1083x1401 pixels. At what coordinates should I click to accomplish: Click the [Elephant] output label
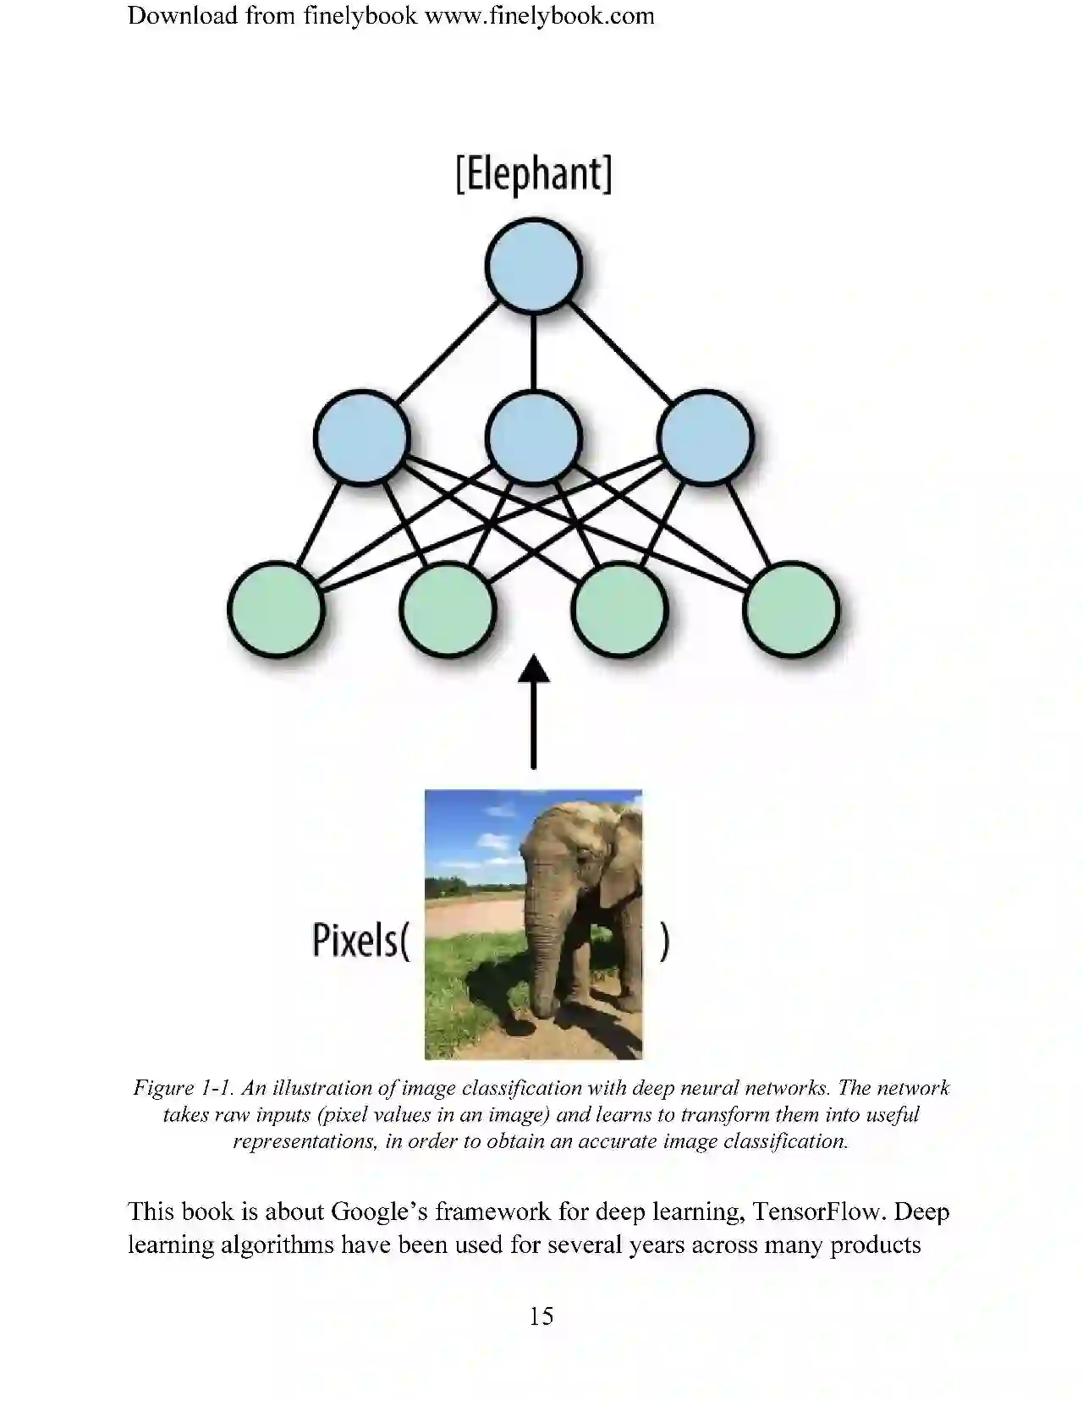[x=533, y=174]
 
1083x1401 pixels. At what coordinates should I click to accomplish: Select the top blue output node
[x=534, y=266]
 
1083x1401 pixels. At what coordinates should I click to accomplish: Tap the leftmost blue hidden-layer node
[x=362, y=437]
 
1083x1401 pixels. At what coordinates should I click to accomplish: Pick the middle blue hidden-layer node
[x=534, y=437]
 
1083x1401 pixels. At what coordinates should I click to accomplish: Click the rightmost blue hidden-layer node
[x=705, y=437]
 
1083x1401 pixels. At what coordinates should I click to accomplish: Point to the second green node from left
[x=448, y=609]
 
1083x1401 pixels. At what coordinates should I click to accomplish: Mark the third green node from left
[x=619, y=609]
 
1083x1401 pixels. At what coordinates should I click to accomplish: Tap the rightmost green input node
[x=791, y=609]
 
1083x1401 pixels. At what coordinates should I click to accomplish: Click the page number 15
[x=541, y=1316]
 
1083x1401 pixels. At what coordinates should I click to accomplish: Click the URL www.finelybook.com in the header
[x=539, y=15]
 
